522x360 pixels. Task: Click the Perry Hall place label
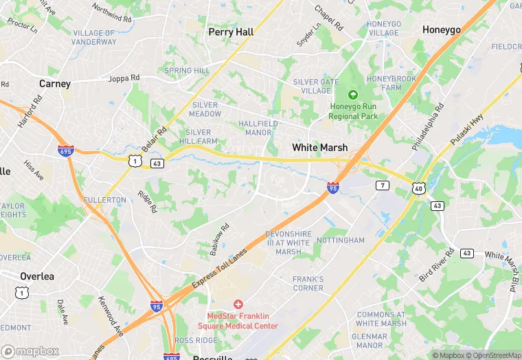tap(231, 32)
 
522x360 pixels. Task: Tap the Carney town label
tap(55, 84)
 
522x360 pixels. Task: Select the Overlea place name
tap(37, 276)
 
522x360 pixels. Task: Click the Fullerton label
tap(105, 200)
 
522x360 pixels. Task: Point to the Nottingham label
tap(341, 240)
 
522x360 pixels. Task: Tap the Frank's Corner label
tap(308, 283)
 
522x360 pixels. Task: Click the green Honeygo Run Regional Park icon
tap(353, 95)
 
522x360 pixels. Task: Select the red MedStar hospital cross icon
tap(238, 304)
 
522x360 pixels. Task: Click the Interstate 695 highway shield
tap(65, 151)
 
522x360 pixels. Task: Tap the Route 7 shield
tap(383, 185)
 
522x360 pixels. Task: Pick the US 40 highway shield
tap(418, 188)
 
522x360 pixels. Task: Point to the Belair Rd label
tap(155, 140)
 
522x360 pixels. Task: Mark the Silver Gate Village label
tap(316, 87)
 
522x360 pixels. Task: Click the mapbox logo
tap(30, 351)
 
